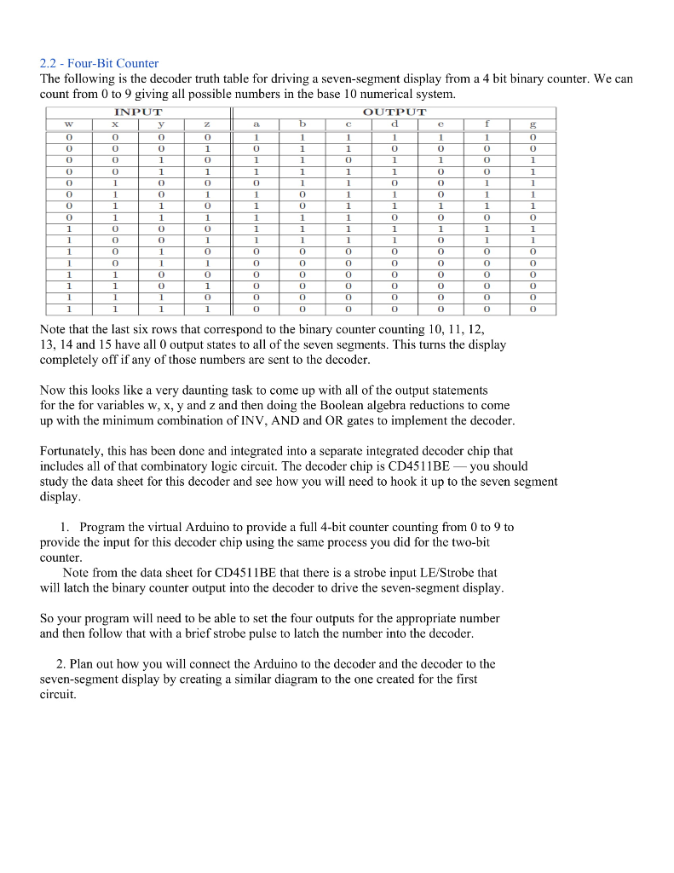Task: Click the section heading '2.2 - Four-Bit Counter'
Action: tap(99, 63)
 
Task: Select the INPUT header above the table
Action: tap(137, 112)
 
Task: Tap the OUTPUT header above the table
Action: tap(394, 112)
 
